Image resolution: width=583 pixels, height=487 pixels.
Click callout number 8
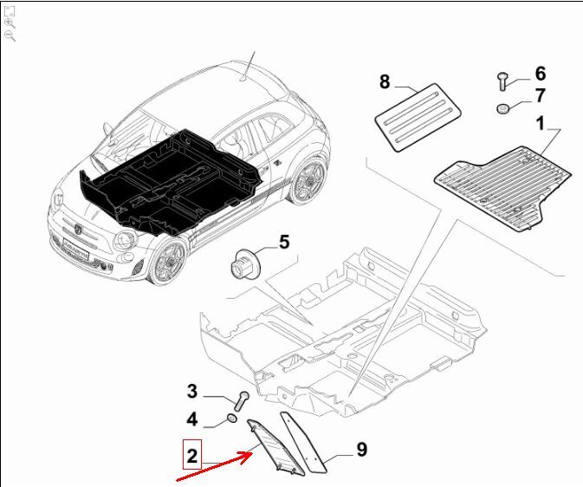(x=385, y=81)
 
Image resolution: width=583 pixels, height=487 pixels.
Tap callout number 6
(x=541, y=74)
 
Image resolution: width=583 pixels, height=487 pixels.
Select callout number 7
(x=541, y=95)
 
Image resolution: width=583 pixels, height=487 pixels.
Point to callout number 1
(x=540, y=123)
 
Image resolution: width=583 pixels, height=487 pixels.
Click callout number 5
(x=284, y=242)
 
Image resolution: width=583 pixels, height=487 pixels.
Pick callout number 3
(x=191, y=391)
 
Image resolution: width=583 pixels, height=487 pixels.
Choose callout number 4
(x=191, y=419)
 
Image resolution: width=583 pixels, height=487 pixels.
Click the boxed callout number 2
(x=191, y=456)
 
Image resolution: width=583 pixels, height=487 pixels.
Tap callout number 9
(x=362, y=449)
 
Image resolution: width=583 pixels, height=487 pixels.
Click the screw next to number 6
(x=502, y=81)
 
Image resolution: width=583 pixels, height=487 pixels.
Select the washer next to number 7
(x=502, y=108)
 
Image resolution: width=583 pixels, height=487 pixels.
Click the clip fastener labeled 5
(x=244, y=263)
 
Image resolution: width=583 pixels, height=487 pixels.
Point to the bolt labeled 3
(x=242, y=400)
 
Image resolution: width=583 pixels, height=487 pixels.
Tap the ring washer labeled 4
(x=232, y=419)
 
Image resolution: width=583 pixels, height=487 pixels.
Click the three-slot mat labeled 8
(x=418, y=116)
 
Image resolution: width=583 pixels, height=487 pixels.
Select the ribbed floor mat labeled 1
(x=502, y=188)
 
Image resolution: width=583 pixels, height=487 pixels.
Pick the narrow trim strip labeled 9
(x=302, y=442)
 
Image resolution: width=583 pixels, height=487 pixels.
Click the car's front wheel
(x=168, y=261)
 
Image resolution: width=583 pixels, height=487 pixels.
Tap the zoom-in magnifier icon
(x=10, y=23)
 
